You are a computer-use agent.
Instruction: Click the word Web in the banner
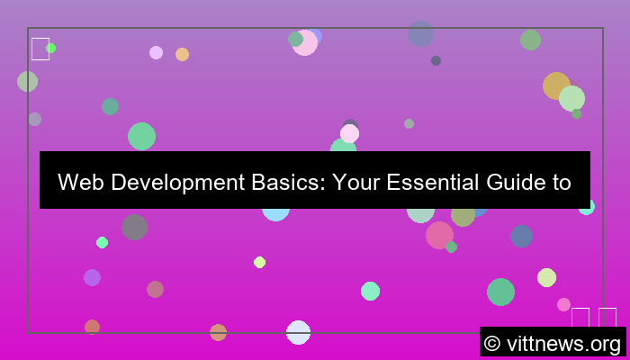click(78, 183)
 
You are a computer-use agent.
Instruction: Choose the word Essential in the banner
click(431, 183)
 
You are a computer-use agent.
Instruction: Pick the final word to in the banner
click(562, 183)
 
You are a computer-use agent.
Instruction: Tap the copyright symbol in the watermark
click(492, 343)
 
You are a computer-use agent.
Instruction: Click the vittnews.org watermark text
click(564, 343)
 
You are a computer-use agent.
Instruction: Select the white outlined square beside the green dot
click(40, 49)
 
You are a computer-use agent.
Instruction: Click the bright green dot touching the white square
click(51, 48)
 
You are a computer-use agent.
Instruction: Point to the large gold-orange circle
click(556, 85)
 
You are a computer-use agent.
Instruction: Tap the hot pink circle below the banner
click(439, 235)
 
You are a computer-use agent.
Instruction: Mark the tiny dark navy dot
click(436, 60)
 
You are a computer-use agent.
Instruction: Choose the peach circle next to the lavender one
click(182, 54)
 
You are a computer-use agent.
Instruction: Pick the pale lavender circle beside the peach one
click(156, 52)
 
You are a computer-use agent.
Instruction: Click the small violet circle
click(92, 277)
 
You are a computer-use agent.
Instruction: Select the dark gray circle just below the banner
click(134, 227)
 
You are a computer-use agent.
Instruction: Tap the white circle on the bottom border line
click(298, 332)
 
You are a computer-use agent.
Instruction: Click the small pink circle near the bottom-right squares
click(563, 304)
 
